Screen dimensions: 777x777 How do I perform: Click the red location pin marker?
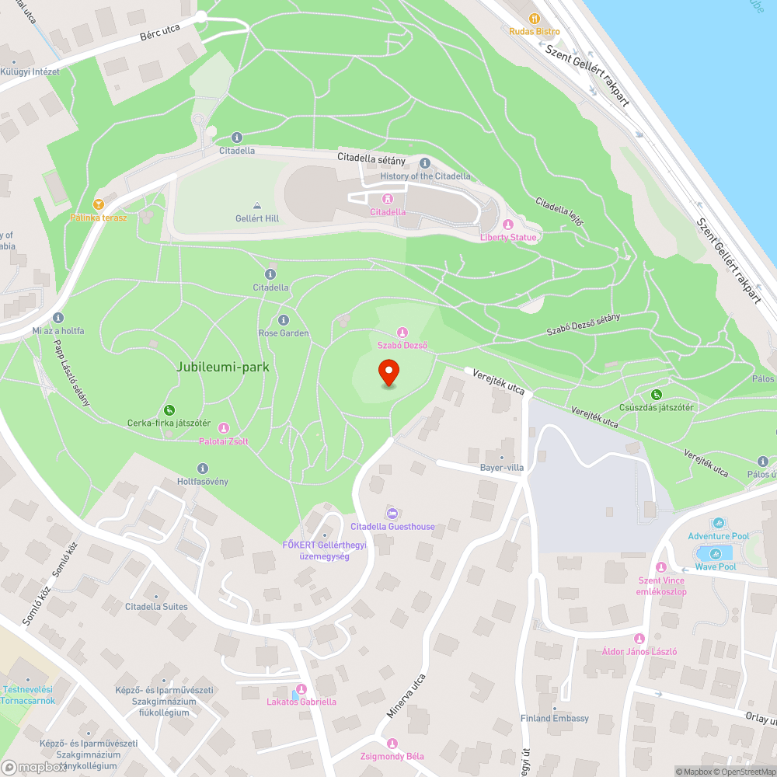388,372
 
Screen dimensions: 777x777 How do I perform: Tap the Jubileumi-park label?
222,367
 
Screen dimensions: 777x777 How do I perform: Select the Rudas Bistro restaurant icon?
534,18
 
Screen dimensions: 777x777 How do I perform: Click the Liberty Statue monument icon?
508,225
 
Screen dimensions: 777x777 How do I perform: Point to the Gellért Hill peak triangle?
257,205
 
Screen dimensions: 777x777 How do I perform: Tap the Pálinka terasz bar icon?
98,204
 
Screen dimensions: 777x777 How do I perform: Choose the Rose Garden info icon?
284,320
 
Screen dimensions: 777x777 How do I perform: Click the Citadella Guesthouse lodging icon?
392,514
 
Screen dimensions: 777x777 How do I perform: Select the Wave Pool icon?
716,553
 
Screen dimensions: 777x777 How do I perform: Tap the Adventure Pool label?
719,536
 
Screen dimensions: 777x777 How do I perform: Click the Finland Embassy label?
555,718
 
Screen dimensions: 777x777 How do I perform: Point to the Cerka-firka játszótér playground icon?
169,410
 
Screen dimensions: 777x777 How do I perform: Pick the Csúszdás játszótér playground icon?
657,395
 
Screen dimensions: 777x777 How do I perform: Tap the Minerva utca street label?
406,696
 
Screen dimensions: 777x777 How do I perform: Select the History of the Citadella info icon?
425,163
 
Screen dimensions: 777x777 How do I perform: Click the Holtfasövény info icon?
203,468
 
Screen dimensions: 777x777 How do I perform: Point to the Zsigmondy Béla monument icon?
392,743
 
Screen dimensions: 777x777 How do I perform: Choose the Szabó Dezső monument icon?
402,332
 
